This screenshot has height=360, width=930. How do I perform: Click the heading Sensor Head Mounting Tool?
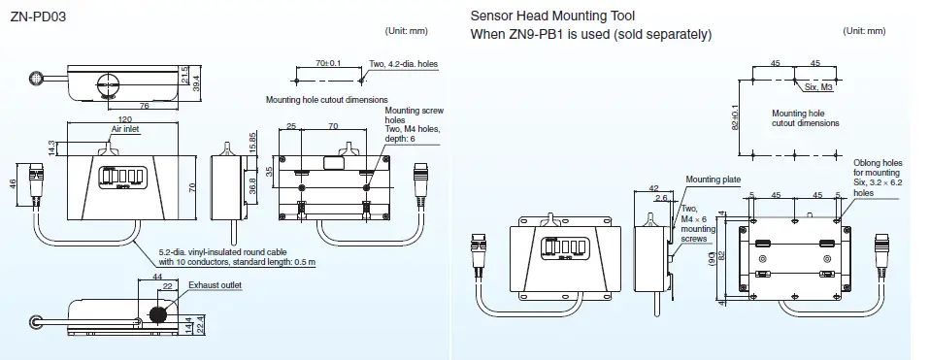pos(552,16)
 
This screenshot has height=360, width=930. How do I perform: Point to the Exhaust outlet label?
pos(216,285)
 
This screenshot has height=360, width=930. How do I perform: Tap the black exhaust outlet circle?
pos(156,314)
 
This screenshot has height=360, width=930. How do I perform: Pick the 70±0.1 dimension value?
pos(329,63)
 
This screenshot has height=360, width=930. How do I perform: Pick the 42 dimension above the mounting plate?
pos(654,188)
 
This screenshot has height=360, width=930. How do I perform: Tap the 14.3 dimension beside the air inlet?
pos(50,146)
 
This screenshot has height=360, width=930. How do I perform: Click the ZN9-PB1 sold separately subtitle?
pos(591,35)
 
